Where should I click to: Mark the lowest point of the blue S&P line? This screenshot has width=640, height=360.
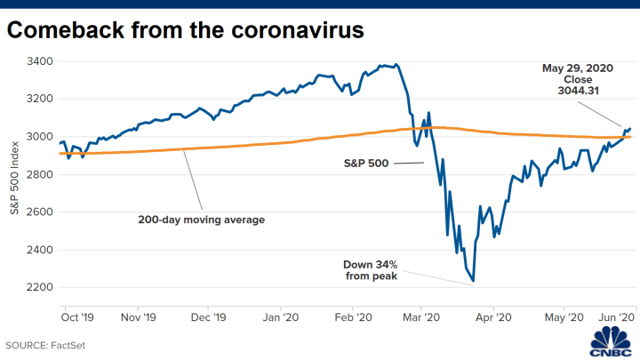pyautogui.click(x=473, y=282)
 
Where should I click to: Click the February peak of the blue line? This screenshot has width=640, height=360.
pyautogui.click(x=396, y=64)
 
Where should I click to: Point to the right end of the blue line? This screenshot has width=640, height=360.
pyautogui.click(x=631, y=128)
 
